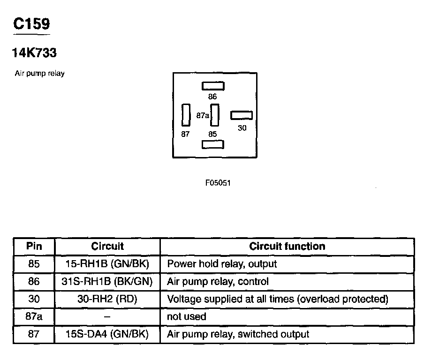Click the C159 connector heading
(31, 24)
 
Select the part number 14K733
(34, 53)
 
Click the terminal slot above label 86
(213, 86)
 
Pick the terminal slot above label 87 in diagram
(186, 115)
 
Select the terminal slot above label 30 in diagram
(242, 115)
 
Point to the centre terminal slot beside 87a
(215, 115)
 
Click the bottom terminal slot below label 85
(213, 144)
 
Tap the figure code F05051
(218, 183)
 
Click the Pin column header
(34, 246)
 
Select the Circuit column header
(107, 246)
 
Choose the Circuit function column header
(287, 246)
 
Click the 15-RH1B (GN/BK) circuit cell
(107, 264)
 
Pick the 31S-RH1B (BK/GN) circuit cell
(107, 282)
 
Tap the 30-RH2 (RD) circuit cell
(107, 299)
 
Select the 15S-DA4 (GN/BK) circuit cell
(107, 334)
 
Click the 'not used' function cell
(187, 317)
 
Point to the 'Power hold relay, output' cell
(222, 264)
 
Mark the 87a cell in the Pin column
(34, 317)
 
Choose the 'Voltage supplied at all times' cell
(278, 299)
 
